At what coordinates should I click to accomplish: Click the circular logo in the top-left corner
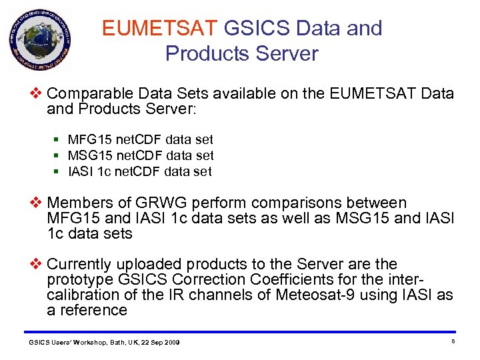pos(39,42)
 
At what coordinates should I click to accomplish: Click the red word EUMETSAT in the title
pos(160,29)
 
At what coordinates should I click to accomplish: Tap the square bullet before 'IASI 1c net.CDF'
pos(58,171)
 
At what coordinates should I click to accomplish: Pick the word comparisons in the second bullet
pos(313,203)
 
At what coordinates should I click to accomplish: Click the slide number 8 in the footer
pos(453,341)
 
